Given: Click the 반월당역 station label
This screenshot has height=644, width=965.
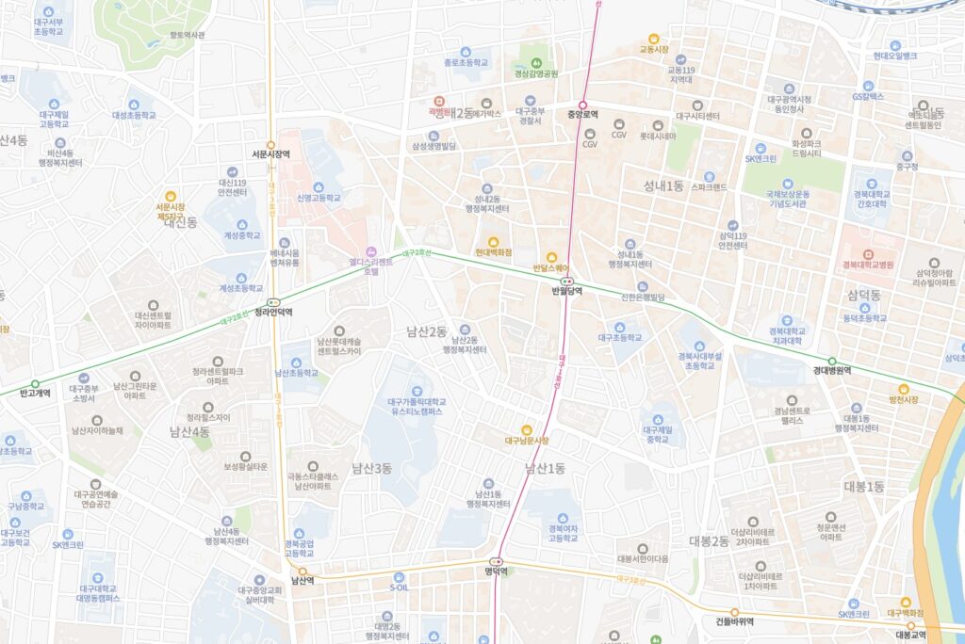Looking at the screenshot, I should (566, 291).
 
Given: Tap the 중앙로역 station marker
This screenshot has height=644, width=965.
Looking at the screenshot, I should (582, 105).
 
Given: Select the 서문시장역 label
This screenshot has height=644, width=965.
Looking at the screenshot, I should (270, 153).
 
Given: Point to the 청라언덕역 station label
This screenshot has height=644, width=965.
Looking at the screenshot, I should (273, 313).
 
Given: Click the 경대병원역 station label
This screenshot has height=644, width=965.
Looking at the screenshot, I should (832, 371).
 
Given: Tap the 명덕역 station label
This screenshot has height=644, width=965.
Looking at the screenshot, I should (497, 572).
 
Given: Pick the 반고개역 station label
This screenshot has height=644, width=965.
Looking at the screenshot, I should (35, 393).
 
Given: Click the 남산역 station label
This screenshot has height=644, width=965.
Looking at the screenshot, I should (302, 581).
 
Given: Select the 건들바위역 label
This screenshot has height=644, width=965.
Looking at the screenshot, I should (735, 622).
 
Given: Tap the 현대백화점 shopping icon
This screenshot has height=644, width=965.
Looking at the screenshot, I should (493, 240).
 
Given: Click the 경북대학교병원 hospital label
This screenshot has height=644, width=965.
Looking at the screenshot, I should (868, 265).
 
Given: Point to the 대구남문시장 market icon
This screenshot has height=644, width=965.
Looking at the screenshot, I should (527, 429).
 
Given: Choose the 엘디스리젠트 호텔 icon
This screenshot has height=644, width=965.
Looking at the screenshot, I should (371, 251).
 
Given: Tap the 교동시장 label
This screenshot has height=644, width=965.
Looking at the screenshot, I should (654, 49).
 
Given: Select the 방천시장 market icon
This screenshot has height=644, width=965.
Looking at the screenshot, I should (903, 388).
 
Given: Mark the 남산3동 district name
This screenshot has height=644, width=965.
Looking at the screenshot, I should (371, 468).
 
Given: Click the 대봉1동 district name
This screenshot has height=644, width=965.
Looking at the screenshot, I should (864, 486).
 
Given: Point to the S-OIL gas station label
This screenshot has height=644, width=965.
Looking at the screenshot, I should (399, 588).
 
